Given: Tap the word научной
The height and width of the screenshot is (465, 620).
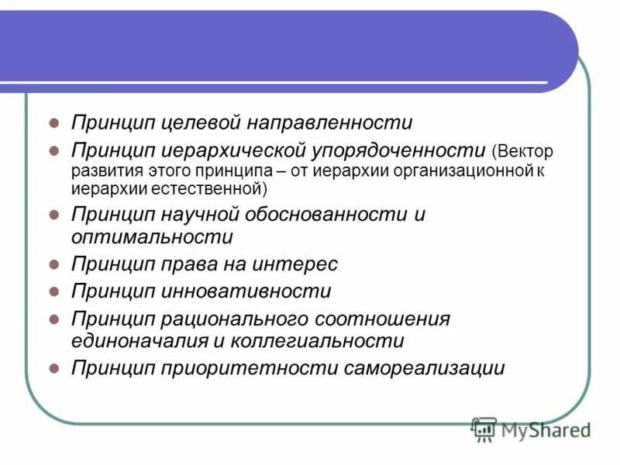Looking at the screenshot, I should [x=198, y=214].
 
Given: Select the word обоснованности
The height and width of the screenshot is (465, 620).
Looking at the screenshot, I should [x=325, y=214].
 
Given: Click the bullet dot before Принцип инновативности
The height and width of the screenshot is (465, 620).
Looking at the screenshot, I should [x=54, y=291].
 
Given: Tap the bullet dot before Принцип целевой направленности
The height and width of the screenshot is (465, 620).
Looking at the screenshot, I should [x=54, y=122].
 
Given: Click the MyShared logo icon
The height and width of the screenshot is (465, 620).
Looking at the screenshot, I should [x=484, y=429].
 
